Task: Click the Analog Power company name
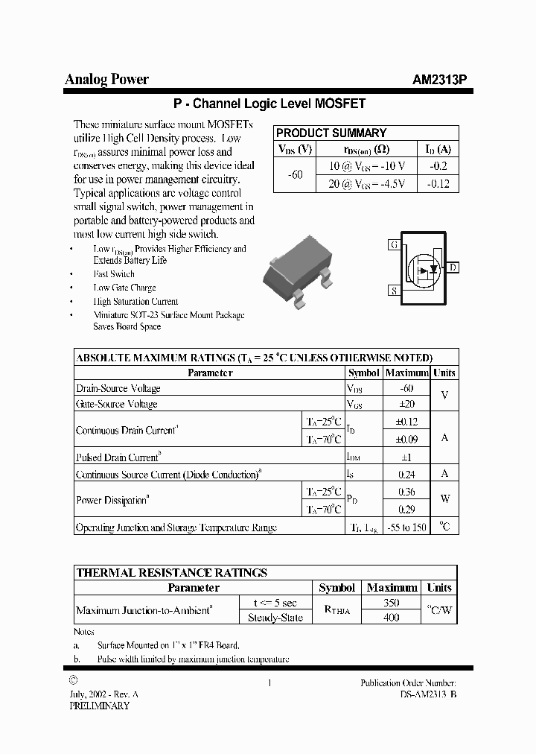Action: click(x=107, y=80)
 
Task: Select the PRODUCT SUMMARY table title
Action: click(x=331, y=133)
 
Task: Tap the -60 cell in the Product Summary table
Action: click(x=295, y=175)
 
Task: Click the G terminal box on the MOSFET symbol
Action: click(x=394, y=245)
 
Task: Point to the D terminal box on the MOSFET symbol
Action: click(x=453, y=267)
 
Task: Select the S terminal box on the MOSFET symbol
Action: click(x=393, y=291)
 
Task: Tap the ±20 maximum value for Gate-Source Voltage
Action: click(x=406, y=404)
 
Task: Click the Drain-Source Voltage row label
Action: click(x=118, y=388)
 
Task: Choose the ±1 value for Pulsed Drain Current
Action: click(x=406, y=457)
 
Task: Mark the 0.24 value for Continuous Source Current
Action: click(x=406, y=473)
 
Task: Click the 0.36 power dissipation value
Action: click(x=406, y=492)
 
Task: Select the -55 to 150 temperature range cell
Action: click(x=406, y=527)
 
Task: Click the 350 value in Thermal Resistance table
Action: click(x=391, y=603)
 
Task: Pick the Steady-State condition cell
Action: click(x=275, y=618)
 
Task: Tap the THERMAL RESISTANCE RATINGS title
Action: click(x=172, y=572)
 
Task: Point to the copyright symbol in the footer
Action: click(x=72, y=679)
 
